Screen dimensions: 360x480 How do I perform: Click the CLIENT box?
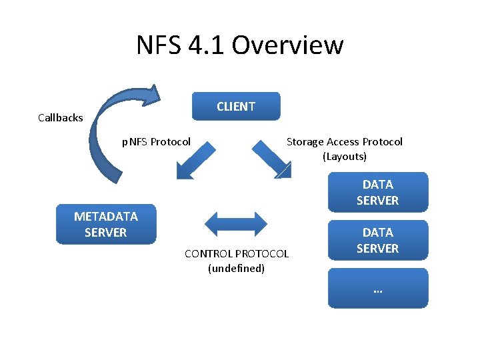point(236,107)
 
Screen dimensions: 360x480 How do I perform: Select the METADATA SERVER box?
point(106,225)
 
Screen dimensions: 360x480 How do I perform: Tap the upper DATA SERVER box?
point(377,192)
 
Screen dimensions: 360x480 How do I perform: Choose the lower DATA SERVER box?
point(377,240)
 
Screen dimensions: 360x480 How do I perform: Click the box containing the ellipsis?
point(377,288)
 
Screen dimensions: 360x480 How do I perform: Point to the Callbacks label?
point(61,118)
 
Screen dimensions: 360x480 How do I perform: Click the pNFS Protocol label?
point(156,141)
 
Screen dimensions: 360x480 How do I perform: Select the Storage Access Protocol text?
point(344,141)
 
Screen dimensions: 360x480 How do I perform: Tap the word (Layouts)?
point(345,157)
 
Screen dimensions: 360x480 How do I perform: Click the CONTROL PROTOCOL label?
point(237,253)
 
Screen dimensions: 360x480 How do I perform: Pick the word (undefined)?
point(237,269)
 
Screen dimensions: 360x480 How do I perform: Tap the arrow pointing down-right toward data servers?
point(272,160)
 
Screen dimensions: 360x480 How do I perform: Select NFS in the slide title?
point(159,45)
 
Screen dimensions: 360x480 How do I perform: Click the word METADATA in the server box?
point(106,217)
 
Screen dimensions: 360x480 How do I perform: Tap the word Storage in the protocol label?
point(305,141)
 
